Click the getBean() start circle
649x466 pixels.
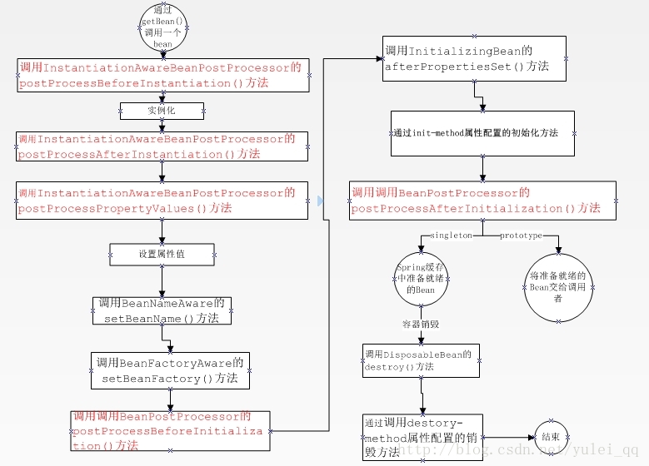point(162,29)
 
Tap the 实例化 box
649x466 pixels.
point(162,111)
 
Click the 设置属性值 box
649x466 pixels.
point(162,254)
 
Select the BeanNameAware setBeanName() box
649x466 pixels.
point(162,310)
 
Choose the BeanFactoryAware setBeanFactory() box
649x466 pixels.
point(169,371)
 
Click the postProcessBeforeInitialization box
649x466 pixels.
point(169,431)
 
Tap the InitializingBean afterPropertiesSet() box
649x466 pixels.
point(474,58)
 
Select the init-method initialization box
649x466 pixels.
point(482,133)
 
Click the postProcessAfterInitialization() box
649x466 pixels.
point(482,201)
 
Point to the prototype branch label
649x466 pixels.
point(521,235)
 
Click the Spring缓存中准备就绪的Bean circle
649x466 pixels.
point(422,278)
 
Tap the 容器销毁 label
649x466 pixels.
point(420,323)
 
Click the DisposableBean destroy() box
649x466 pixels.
point(421,359)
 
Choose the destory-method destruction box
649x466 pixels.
point(422,438)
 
